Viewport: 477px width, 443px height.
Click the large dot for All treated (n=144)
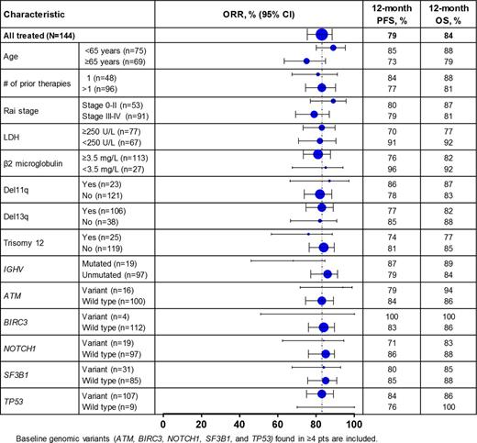(x=321, y=34)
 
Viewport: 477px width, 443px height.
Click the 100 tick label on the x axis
(x=354, y=423)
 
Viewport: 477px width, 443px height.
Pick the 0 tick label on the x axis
(x=163, y=423)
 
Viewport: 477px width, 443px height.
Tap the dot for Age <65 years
(x=332, y=47)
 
